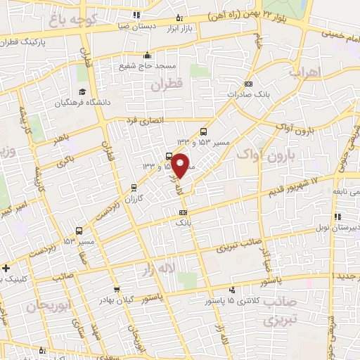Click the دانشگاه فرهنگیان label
(x=82, y=103)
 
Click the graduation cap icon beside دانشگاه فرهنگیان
(x=82, y=92)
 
